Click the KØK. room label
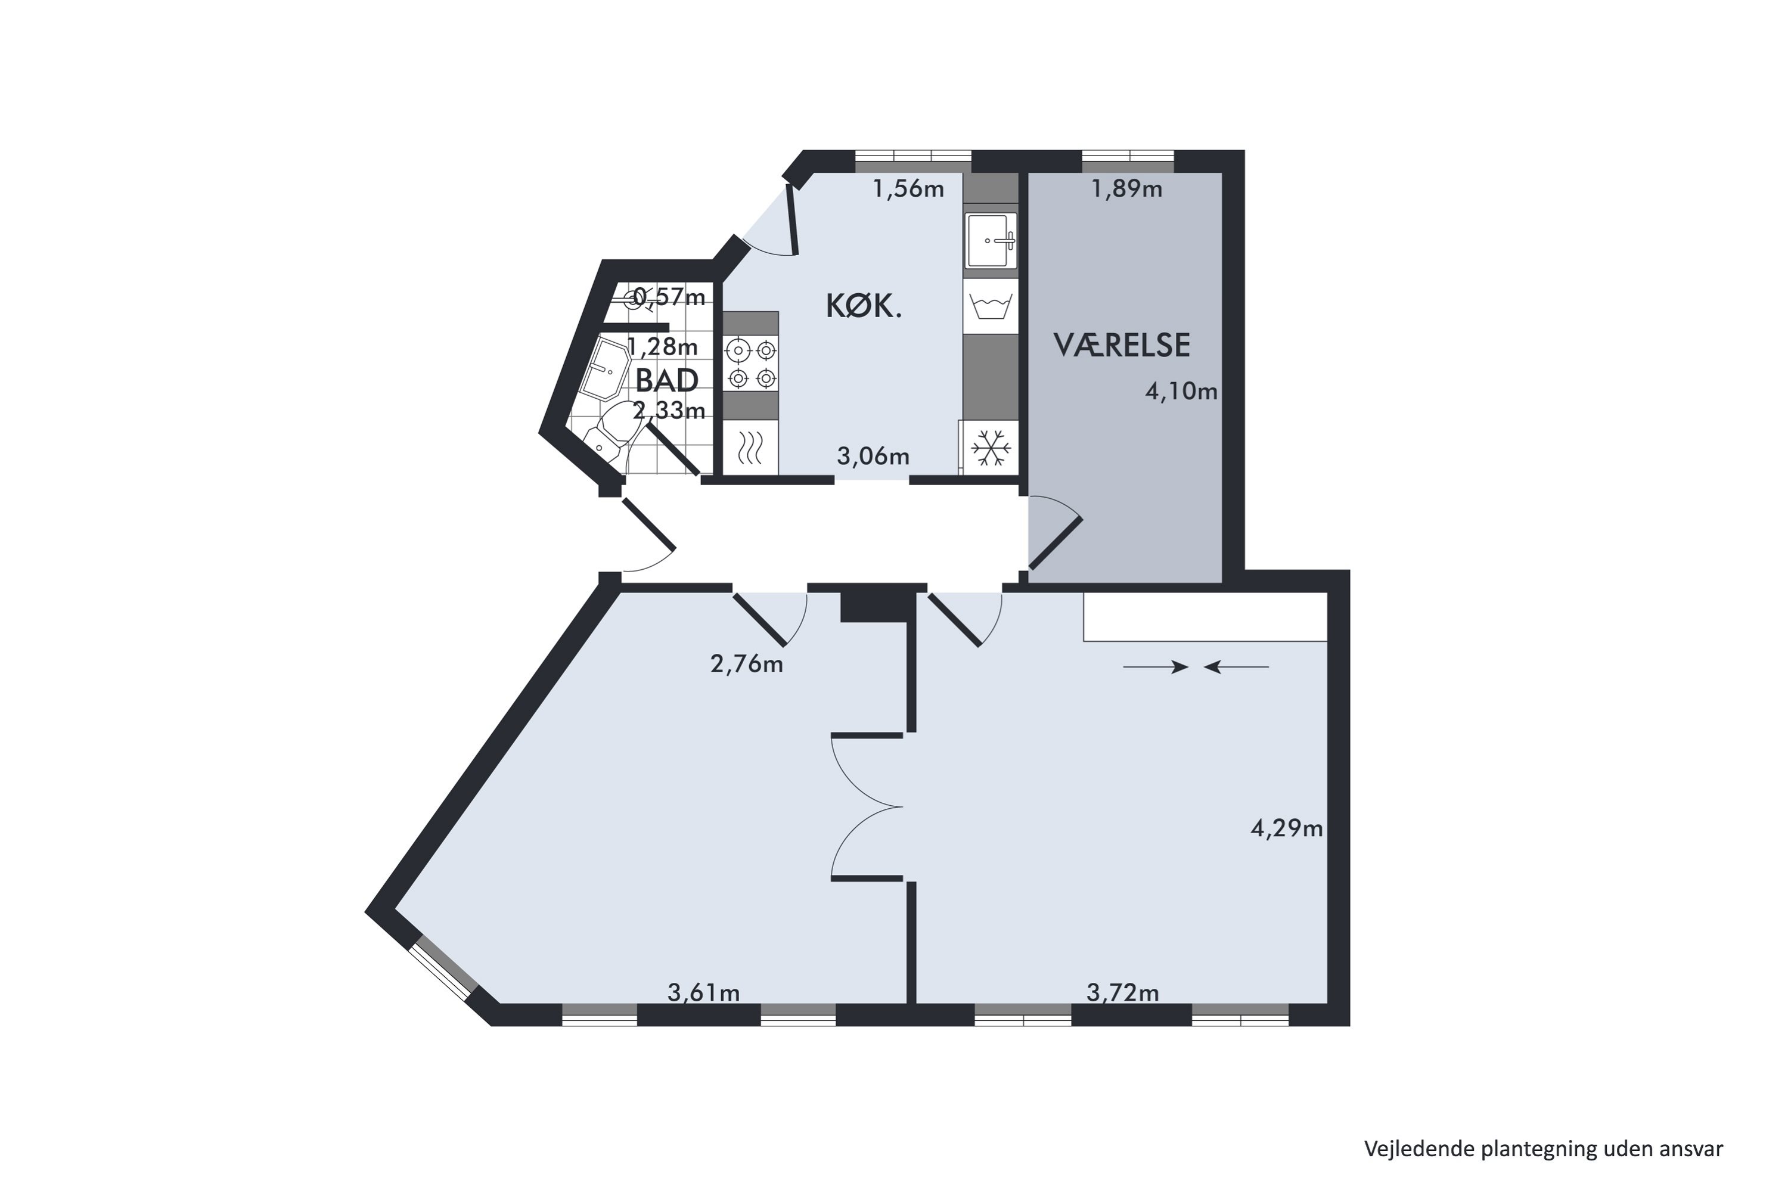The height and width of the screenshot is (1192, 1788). [864, 306]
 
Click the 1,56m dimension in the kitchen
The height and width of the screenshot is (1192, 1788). [908, 188]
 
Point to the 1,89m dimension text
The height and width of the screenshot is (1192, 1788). [1126, 188]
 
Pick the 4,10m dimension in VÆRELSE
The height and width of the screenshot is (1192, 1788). [1181, 392]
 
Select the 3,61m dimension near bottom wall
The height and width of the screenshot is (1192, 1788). [703, 992]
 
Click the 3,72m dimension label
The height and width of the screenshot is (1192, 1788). [1122, 992]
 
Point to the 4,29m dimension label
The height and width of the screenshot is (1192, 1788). [1286, 828]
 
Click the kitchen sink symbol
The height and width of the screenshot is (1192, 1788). [991, 240]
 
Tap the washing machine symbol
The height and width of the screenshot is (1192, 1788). [991, 307]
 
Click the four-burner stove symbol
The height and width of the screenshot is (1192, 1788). [750, 364]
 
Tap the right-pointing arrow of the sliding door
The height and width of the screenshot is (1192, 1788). [1156, 668]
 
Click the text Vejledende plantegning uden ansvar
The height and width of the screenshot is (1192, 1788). [1543, 1148]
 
